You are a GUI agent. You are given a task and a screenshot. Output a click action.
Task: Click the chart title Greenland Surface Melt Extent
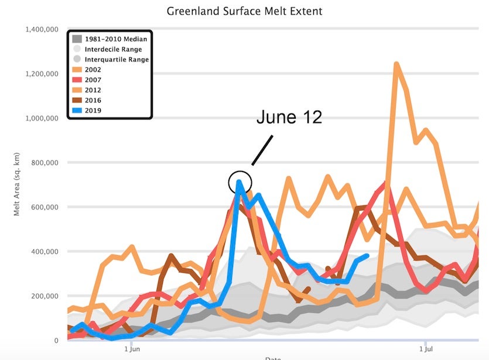(x=244, y=11)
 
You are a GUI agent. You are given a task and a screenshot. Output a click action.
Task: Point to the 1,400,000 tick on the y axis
(x=42, y=29)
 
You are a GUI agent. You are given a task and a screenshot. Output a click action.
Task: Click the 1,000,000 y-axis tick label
(x=42, y=118)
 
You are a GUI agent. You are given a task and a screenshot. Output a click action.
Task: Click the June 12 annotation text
(x=289, y=117)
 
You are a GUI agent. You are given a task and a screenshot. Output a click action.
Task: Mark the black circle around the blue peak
(x=240, y=182)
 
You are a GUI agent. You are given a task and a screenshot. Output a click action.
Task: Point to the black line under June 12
(x=263, y=150)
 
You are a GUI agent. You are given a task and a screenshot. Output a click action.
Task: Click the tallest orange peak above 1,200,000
(x=397, y=64)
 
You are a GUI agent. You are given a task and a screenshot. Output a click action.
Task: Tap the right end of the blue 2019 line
(x=367, y=255)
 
